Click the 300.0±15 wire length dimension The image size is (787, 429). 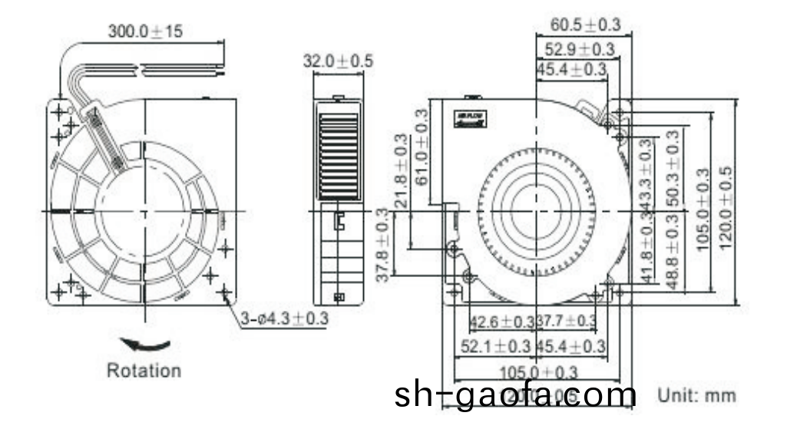coord(144,31)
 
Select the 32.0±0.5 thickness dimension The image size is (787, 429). coord(338,61)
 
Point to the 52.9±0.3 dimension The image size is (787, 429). coord(580,50)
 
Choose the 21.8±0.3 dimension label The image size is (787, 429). coord(400,170)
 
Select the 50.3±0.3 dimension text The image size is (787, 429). coord(673,168)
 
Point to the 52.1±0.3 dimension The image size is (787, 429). coord(496,347)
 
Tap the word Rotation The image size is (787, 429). coord(144,371)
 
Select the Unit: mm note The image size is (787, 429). coord(696,396)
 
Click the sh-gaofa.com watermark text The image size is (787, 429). coord(515,396)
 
